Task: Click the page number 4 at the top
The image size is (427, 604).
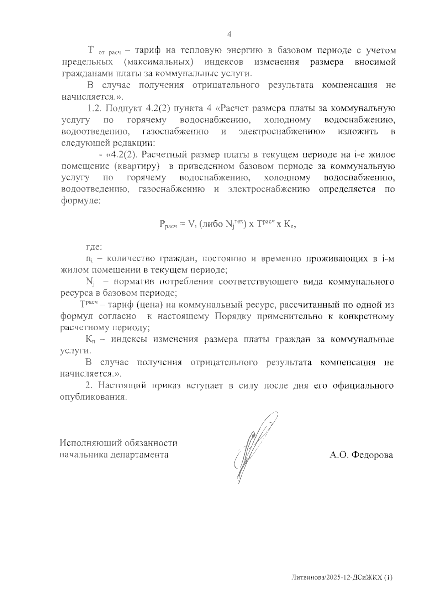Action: tap(229, 34)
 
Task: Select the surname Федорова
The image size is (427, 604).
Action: tap(372, 455)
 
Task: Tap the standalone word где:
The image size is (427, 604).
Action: tap(94, 247)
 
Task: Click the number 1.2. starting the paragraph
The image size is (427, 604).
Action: tap(95, 108)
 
